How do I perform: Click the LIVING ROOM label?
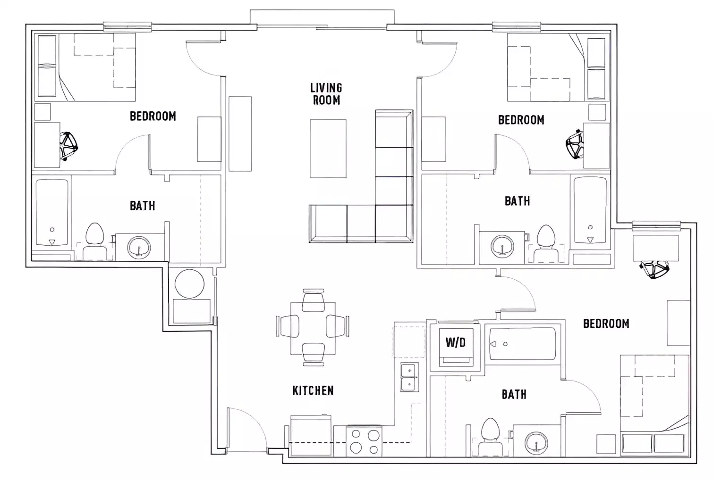[x=326, y=93]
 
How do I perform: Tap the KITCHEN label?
[x=313, y=390]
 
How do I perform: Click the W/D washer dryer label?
[x=455, y=342]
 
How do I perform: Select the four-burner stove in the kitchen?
[x=364, y=441]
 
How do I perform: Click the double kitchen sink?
[x=409, y=377]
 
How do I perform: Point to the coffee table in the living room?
[x=328, y=149]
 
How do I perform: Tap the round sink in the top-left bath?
[x=139, y=247]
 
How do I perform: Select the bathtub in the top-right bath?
[x=590, y=210]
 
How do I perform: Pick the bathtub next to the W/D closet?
[x=522, y=344]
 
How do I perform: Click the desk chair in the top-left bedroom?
[x=68, y=146]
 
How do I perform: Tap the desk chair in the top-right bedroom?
[x=575, y=144]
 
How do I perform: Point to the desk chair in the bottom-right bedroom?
[x=654, y=269]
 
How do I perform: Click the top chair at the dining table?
[x=313, y=302]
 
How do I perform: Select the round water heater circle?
[x=189, y=283]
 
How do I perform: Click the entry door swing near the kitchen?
[x=246, y=428]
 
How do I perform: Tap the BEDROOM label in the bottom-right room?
[x=606, y=323]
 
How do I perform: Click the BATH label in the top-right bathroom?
[x=517, y=201]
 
